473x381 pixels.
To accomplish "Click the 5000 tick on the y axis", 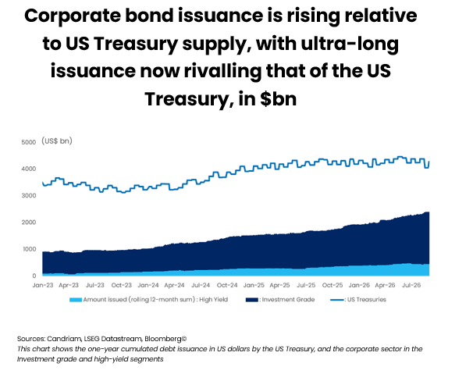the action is pos(29,142).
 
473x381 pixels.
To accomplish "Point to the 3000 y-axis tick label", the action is pos(29,195).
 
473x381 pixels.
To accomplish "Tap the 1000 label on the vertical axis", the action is pos(29,249).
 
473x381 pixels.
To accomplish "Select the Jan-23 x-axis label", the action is pos(43,285).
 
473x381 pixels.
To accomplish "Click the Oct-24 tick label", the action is pos(227,285).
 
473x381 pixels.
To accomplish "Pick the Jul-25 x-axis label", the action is pos(306,285).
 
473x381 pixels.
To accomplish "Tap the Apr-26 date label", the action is pos(385,285).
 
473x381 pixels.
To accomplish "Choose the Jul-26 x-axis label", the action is pos(411,285).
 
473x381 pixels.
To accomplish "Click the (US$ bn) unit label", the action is pos(57,141).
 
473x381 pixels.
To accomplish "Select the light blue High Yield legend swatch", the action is pos(76,300).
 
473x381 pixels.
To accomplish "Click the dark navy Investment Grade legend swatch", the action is pos(252,300).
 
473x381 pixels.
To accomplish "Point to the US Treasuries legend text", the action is pos(367,300).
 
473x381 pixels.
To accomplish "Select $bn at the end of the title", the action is pos(279,99).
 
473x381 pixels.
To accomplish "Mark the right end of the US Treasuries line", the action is pos(429,162).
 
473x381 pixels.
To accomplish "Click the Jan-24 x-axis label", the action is pos(148,285).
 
